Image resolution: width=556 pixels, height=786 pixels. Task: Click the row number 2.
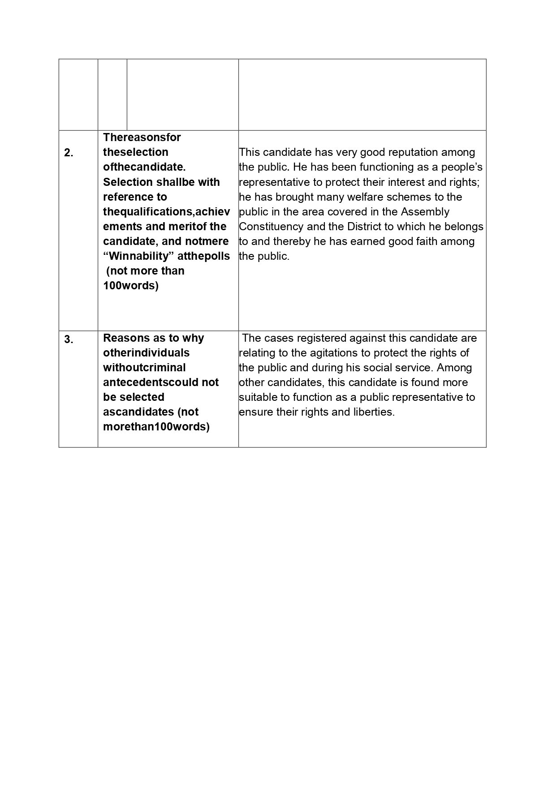[x=69, y=153]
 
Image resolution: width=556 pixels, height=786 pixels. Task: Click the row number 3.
[x=69, y=339]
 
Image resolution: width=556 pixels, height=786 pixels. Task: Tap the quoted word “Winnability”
[x=137, y=256]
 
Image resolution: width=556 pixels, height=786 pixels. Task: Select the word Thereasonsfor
[x=142, y=137]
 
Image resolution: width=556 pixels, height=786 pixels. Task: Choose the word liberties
[x=372, y=412]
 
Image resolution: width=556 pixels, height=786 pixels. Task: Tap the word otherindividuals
[x=146, y=353]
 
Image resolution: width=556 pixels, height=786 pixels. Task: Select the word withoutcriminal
[x=144, y=368]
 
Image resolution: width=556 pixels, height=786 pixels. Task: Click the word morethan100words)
[x=156, y=427]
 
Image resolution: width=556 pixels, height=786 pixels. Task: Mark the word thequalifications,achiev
[x=166, y=212]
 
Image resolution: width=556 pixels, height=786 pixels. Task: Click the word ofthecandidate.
[x=144, y=167]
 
